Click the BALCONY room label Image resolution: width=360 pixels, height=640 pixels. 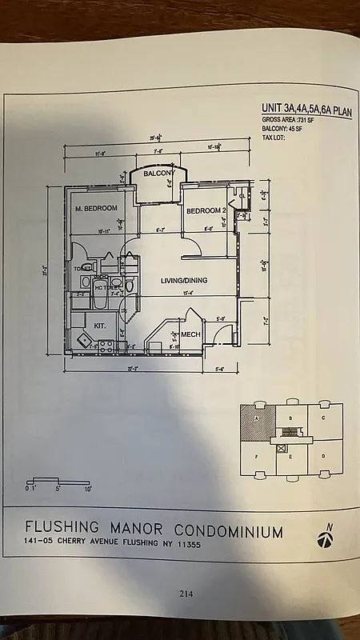tap(158, 174)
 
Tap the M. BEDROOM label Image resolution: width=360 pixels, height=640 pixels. tap(97, 209)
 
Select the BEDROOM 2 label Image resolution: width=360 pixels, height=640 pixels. tap(206, 211)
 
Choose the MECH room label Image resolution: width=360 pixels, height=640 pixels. tap(190, 334)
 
